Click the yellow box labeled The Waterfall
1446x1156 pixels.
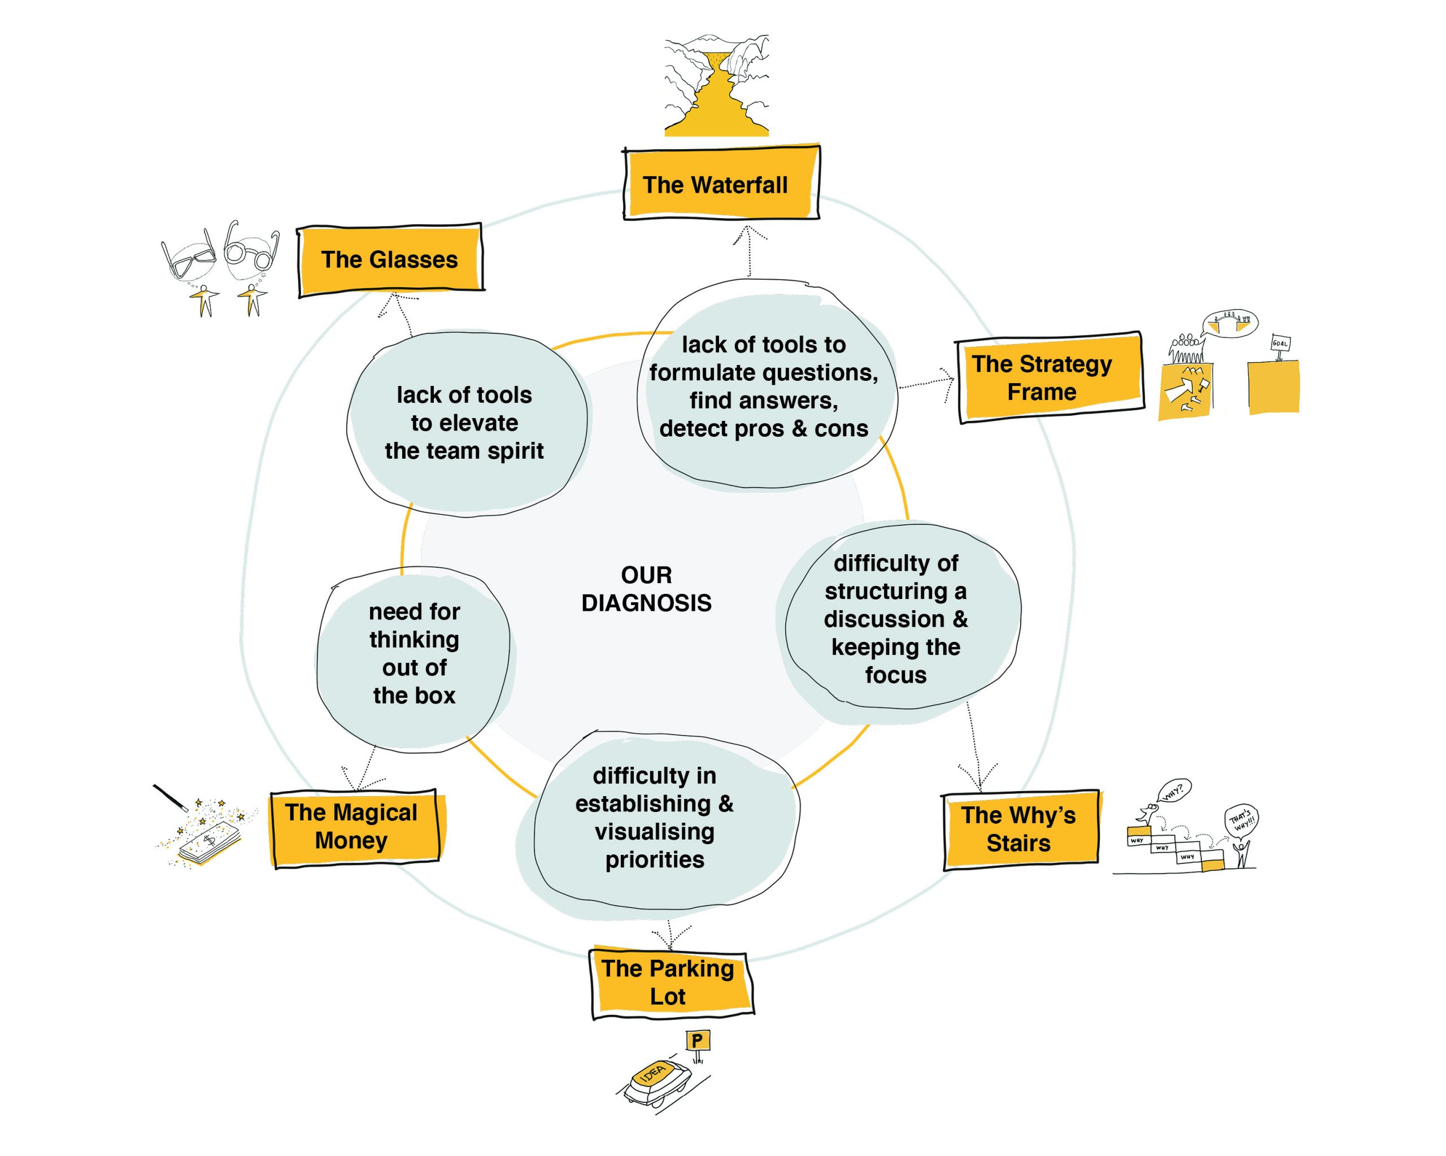pyautogui.click(x=721, y=184)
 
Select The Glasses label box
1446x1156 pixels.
pyautogui.click(x=390, y=260)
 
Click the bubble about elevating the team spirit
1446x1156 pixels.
pyautogui.click(x=465, y=423)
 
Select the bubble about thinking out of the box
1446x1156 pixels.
pyautogui.click(x=414, y=654)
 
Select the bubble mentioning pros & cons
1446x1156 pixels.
pyautogui.click(x=765, y=386)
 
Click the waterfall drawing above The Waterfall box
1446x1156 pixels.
pyautogui.click(x=716, y=86)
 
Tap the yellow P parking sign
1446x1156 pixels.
pyautogui.click(x=698, y=1041)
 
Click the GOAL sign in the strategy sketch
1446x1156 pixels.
pyautogui.click(x=1280, y=344)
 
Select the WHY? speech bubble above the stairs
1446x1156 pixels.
pyautogui.click(x=1174, y=791)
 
